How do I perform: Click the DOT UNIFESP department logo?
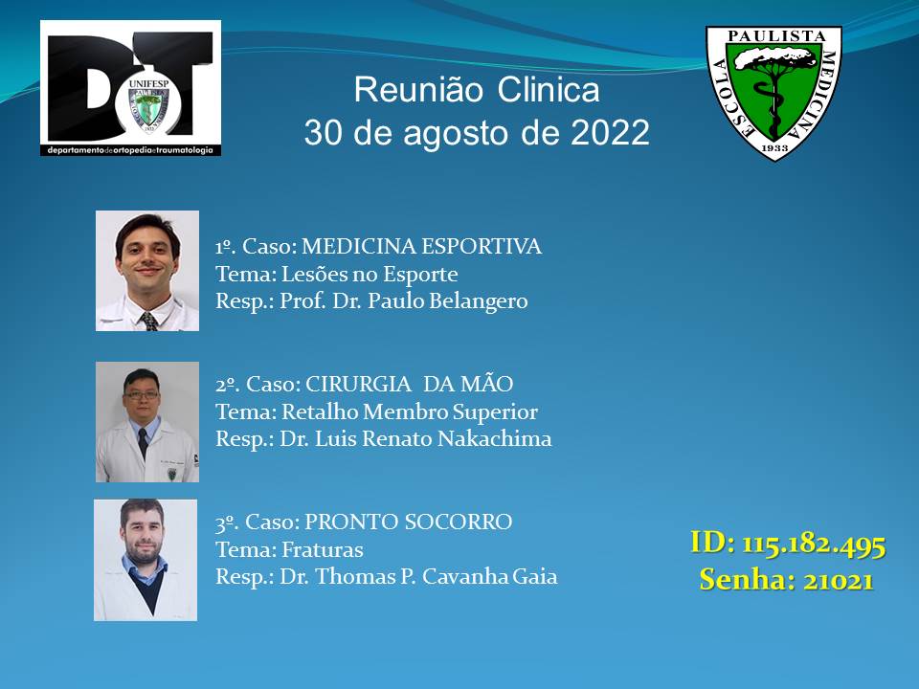131,88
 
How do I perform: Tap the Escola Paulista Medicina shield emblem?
773,93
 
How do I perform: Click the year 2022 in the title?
610,132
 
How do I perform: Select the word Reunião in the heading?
418,90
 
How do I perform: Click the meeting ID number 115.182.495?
814,545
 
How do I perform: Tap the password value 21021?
839,581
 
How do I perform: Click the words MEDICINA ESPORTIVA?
421,246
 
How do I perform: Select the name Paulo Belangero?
448,301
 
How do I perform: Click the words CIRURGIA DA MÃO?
409,385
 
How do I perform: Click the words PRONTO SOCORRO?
409,522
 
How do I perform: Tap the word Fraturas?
323,550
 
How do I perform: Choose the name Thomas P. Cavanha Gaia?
437,576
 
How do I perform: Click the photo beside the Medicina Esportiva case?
147,271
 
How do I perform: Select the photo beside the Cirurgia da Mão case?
147,422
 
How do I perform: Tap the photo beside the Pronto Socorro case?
146,560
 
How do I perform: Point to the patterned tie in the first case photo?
149,322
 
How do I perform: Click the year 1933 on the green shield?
774,147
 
